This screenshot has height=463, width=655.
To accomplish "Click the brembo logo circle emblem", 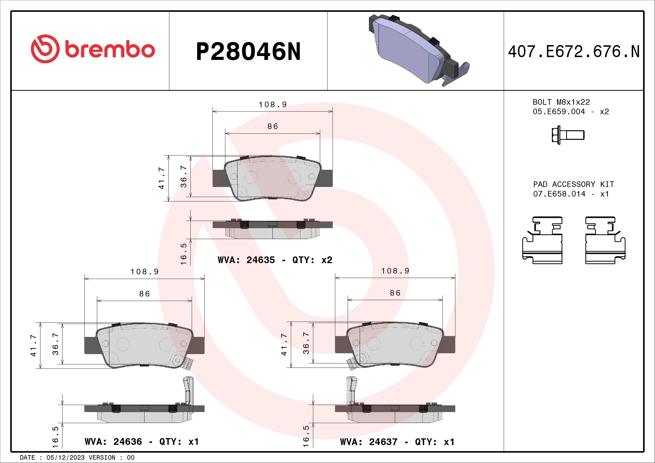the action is coord(45,49).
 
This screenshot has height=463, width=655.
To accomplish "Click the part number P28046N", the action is coord(248,52).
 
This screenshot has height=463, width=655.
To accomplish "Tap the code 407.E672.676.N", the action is coord(574,52).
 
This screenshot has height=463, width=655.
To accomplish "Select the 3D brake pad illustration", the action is coord(419,50).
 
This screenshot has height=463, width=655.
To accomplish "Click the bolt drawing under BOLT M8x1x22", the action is coord(568,135).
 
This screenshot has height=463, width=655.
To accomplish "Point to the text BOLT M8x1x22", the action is coord(561,102).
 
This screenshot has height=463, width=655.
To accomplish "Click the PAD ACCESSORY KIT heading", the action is coord(574,184).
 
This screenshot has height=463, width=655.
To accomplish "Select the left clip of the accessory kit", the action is coord(542,240).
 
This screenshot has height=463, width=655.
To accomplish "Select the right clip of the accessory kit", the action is coord(605,240).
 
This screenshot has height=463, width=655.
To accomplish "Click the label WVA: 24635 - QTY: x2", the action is coord(275,260).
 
